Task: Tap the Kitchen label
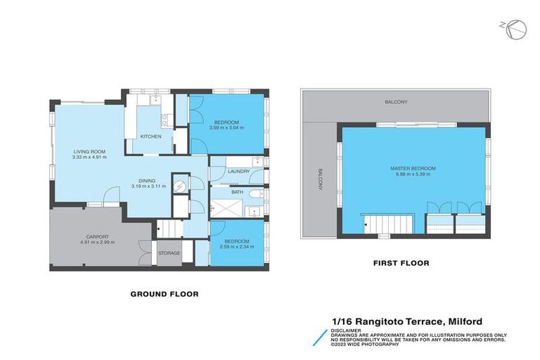[151, 136]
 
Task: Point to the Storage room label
[169, 253]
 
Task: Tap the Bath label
[237, 191]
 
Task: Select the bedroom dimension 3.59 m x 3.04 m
[228, 127]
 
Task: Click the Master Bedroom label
[413, 169]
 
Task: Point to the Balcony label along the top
[395, 102]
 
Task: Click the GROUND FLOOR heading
[165, 294]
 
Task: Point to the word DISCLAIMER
[348, 329]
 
